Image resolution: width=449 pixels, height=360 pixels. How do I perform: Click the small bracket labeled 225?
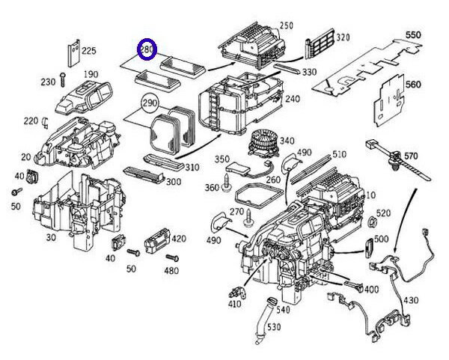pyautogui.click(x=73, y=52)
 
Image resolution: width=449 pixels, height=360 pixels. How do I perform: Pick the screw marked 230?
pyautogui.click(x=66, y=79)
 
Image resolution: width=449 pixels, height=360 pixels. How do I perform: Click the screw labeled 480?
pyautogui.click(x=168, y=258)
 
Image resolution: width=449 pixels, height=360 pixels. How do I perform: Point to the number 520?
pyautogui.click(x=384, y=213)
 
